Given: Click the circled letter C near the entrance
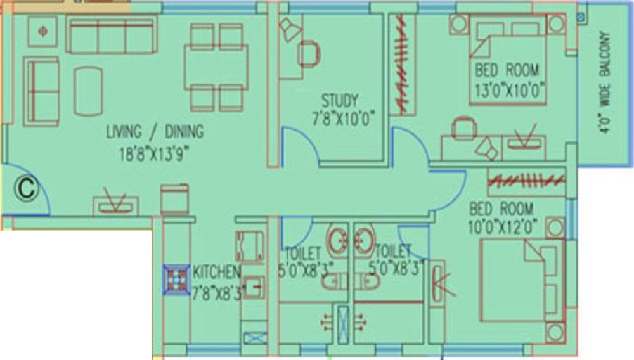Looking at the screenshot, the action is (x=27, y=188).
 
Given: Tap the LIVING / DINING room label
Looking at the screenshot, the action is (x=155, y=132).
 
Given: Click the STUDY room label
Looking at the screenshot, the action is (x=340, y=100).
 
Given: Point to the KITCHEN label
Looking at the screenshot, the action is (x=216, y=272).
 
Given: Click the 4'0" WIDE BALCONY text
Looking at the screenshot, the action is (x=605, y=82).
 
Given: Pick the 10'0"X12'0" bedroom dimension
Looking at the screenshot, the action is (x=503, y=228).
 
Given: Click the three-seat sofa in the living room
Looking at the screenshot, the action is (x=112, y=35).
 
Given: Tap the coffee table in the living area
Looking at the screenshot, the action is (x=88, y=92).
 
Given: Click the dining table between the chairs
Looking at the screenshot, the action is (x=216, y=67).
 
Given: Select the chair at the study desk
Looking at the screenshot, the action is (x=309, y=54).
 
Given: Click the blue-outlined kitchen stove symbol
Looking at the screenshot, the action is (x=177, y=280).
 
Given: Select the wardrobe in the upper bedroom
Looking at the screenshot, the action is (x=402, y=65).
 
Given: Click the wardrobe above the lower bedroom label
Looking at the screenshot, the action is (x=526, y=182).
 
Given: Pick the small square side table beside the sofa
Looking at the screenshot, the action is (x=42, y=31).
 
